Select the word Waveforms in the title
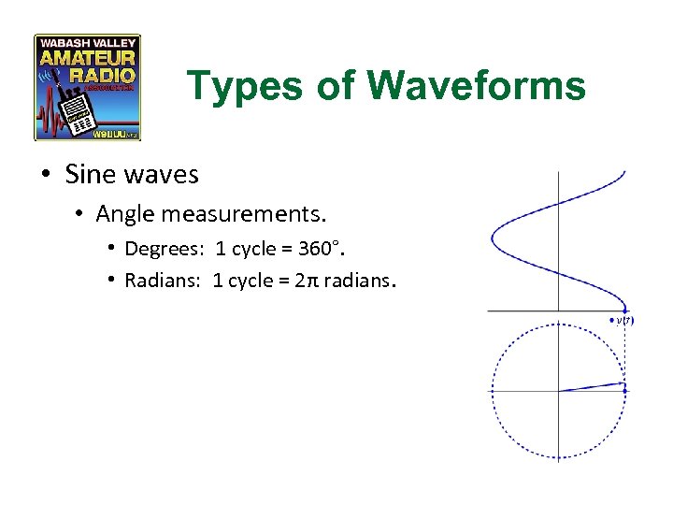(x=477, y=86)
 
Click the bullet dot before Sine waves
(x=46, y=174)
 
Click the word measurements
(x=243, y=214)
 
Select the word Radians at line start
(x=161, y=280)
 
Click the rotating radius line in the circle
(x=591, y=386)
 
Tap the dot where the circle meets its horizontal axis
(x=624, y=390)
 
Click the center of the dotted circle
(x=558, y=390)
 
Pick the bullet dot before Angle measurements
(x=82, y=214)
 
